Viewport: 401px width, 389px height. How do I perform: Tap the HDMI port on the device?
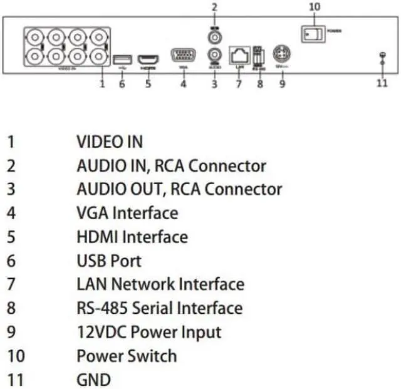click(148, 60)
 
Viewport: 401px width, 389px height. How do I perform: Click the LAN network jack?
click(239, 55)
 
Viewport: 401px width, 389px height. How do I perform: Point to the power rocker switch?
click(313, 33)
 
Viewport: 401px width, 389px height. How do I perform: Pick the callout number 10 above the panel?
click(315, 7)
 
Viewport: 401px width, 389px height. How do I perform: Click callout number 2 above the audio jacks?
click(214, 7)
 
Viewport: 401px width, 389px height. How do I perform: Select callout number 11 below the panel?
click(382, 83)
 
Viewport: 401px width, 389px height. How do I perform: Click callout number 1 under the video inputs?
click(102, 83)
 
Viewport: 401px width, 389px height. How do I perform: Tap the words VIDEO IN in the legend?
click(110, 142)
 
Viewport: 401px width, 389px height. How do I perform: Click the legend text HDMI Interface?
click(132, 237)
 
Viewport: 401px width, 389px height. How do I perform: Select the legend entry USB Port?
click(109, 261)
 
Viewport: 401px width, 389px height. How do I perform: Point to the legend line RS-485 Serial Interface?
click(159, 308)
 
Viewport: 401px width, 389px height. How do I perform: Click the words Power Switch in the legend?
click(127, 356)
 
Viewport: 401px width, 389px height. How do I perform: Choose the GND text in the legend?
click(93, 380)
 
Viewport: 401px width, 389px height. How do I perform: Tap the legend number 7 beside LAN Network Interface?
click(11, 284)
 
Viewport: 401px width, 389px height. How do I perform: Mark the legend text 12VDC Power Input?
click(149, 332)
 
